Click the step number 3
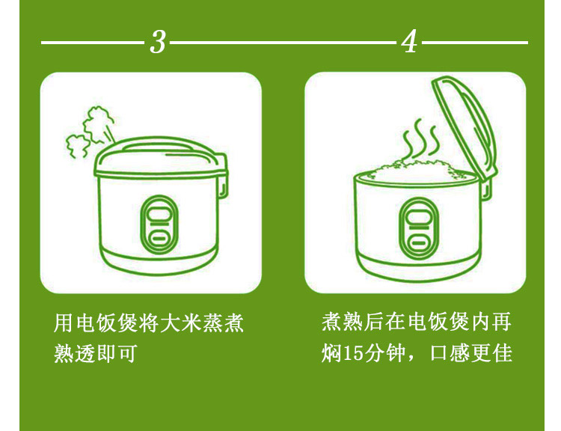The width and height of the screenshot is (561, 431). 158,42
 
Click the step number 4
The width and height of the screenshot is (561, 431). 409,41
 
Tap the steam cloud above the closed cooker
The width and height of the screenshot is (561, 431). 90,131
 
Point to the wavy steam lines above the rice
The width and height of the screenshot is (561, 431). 420,139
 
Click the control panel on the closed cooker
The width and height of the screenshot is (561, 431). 159,224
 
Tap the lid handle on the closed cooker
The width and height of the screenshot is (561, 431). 157,146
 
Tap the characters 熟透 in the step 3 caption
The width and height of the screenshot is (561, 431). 75,353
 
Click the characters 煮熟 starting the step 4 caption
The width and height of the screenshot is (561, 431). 343,322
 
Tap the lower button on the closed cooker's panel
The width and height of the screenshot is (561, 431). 159,237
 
